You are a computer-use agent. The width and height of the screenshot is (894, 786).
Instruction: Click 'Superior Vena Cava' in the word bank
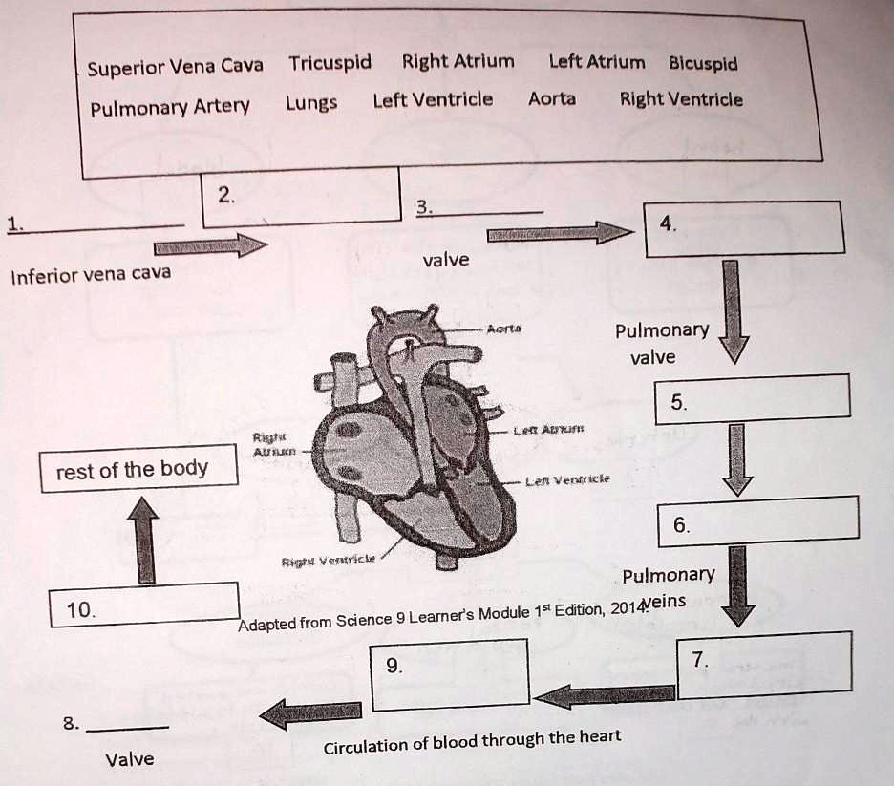(175, 68)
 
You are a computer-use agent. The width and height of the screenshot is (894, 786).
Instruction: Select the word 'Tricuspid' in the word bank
(330, 64)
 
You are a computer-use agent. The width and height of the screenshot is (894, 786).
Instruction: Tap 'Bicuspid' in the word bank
(703, 64)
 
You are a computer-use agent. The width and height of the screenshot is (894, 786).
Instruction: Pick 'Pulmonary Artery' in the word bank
(170, 106)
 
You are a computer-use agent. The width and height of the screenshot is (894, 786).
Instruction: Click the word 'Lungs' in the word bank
(311, 103)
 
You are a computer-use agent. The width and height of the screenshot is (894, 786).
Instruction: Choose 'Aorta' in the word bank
(552, 99)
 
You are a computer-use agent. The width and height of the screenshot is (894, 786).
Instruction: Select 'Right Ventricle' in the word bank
(681, 99)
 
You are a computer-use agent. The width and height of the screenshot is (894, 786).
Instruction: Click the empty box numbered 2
(303, 197)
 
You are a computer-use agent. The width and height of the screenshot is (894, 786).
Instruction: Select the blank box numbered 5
(753, 396)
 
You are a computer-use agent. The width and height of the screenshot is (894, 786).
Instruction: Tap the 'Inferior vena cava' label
(90, 275)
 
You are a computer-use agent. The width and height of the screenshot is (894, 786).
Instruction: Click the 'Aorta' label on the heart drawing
(502, 329)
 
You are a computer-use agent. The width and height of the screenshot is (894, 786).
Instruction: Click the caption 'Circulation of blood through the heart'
(472, 742)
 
